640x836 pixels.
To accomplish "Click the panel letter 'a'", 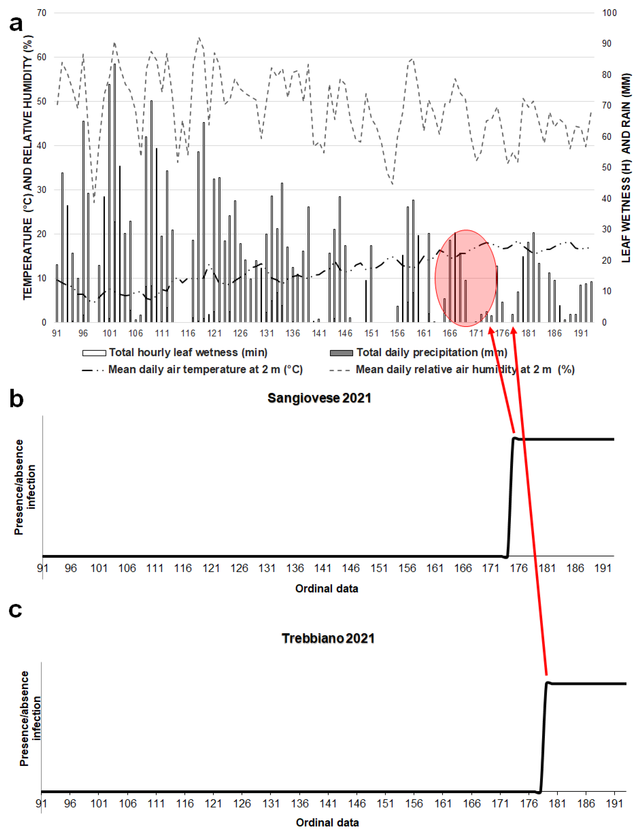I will [x=16, y=24].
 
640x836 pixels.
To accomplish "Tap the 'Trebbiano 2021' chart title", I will [x=328, y=638].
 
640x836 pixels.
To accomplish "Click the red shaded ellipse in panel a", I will [x=465, y=278].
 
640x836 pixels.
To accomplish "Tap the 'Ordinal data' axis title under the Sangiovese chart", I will [x=326, y=589].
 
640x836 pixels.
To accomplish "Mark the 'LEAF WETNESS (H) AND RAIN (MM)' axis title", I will [x=626, y=168].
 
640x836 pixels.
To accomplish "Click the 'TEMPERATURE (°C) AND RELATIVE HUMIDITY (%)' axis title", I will [x=28, y=168].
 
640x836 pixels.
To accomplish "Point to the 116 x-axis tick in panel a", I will [x=188, y=333].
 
